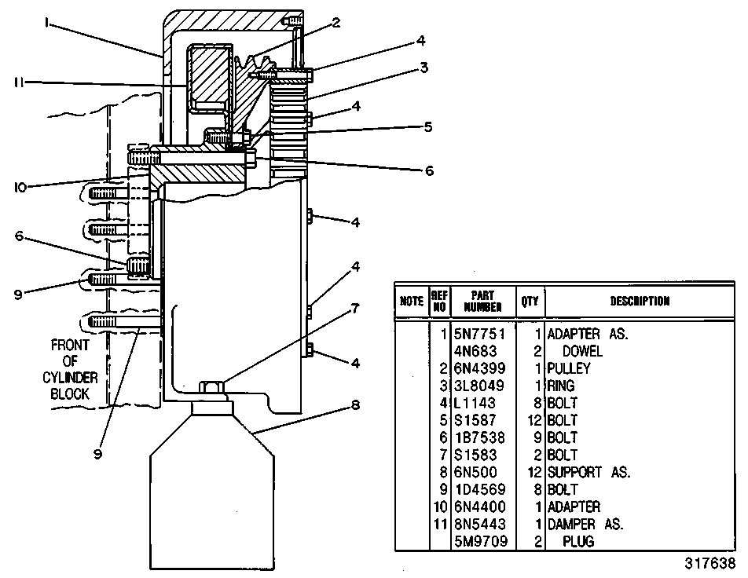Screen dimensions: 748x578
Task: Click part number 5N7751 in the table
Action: point(479,334)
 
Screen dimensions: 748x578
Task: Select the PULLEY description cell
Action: point(569,368)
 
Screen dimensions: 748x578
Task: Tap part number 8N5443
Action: point(479,524)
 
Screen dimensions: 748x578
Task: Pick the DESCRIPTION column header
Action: point(640,301)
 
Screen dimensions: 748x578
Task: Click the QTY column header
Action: point(530,301)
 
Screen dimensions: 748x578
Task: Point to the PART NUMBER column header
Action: point(482,302)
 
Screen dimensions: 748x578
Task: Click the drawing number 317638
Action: point(710,563)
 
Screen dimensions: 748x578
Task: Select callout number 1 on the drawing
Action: point(47,23)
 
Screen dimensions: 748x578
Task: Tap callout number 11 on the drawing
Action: point(19,82)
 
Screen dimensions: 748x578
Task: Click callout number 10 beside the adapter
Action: point(20,188)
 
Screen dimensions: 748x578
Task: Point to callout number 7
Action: point(355,309)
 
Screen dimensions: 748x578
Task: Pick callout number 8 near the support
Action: point(355,405)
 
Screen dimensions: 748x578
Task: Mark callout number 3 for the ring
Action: point(423,68)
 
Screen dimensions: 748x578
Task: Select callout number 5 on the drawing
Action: point(428,127)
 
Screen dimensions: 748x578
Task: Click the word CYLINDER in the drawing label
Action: point(70,378)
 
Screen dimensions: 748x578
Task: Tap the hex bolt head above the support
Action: point(211,386)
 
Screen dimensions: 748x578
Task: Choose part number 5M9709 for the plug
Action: point(481,541)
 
